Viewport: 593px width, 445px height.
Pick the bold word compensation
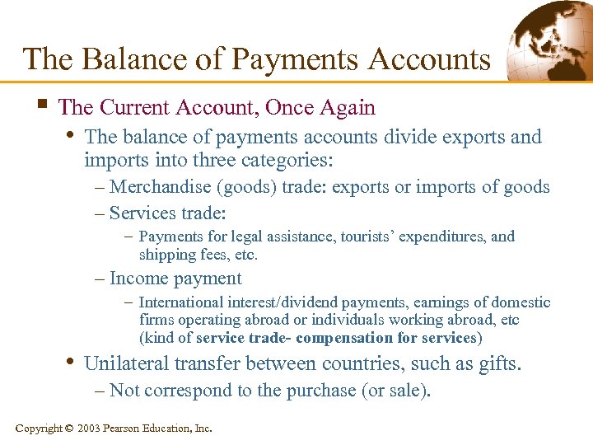point(344,338)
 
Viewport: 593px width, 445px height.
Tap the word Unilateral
point(125,363)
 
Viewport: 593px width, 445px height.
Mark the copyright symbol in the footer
point(68,429)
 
